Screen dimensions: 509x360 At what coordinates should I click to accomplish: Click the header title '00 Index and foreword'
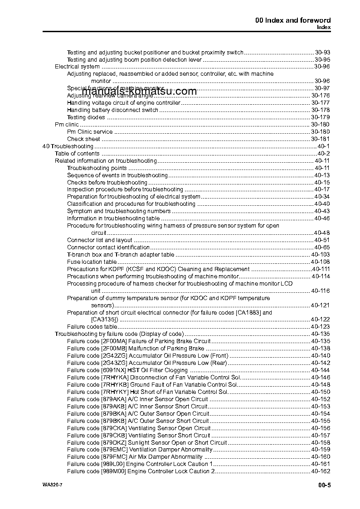coord(292,20)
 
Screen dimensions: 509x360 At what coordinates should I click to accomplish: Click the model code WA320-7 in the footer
coord(46,485)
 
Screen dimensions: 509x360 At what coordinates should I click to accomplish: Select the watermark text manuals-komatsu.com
coord(133,91)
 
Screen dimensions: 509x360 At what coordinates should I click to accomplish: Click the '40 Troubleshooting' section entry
coord(68,146)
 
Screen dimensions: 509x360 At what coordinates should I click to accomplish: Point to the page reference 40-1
coord(324,146)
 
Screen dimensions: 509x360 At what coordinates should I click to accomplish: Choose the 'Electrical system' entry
coord(77,67)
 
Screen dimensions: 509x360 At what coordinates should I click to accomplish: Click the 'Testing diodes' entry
coord(86,117)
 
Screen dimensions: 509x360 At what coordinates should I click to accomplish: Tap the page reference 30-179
coord(320,117)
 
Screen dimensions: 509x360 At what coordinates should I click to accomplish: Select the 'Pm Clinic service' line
coord(90,132)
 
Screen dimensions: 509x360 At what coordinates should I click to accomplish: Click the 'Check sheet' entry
coord(83,139)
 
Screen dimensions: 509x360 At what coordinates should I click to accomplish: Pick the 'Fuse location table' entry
coord(92,262)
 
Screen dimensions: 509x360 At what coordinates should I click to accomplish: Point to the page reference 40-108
coord(320,262)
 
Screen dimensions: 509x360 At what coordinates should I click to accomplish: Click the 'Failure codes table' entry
coord(92,327)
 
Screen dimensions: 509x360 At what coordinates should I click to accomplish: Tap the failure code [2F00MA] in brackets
coord(114,341)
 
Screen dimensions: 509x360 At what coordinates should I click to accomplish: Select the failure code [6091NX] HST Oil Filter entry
coord(127,370)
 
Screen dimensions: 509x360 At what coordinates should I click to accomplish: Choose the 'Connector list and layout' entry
coord(100,240)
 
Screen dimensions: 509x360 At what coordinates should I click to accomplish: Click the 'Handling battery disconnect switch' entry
coord(113,110)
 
